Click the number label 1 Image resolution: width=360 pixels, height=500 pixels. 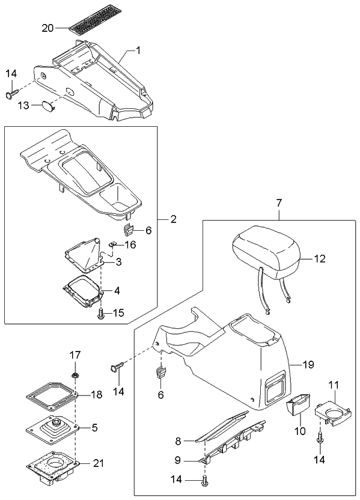click(138, 51)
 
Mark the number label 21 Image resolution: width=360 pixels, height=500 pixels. click(99, 462)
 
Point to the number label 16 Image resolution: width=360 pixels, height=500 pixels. click(130, 244)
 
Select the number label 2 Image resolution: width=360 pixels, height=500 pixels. click(172, 219)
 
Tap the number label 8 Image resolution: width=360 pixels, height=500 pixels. click(178, 441)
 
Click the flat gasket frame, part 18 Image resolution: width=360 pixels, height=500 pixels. click(53, 397)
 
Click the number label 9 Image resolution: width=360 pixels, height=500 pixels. click(178, 461)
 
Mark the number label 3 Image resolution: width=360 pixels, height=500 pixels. click(118, 262)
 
